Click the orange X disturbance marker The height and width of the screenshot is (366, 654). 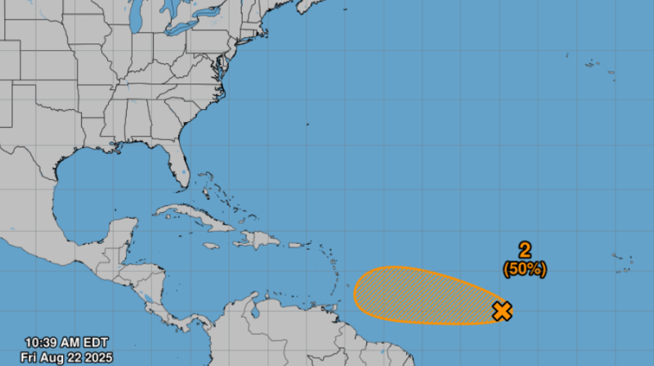pyautogui.click(x=502, y=310)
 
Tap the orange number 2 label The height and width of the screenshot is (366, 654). pyautogui.click(x=525, y=251)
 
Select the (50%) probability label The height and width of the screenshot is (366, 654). pyautogui.click(x=525, y=268)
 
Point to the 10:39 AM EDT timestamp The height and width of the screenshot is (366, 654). pyautogui.click(x=66, y=342)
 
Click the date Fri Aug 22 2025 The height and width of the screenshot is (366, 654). pyautogui.click(x=67, y=357)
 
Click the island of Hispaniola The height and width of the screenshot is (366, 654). pyautogui.click(x=258, y=240)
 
